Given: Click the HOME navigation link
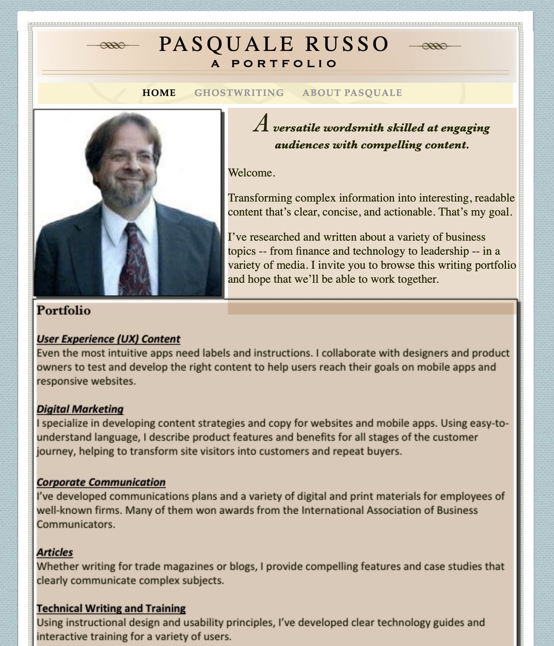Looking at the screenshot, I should point(159,93).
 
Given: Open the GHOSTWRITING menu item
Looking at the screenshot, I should point(239,93).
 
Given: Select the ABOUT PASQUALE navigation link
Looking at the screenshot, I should point(352,93).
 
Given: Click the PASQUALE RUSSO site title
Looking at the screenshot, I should point(274,44).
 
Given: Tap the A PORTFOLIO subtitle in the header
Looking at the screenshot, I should point(274,64).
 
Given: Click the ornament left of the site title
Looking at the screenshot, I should point(113,45).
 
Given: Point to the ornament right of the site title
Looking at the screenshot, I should point(435,46).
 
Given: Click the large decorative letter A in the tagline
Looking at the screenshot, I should point(261,123).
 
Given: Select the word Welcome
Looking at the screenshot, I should point(250,173).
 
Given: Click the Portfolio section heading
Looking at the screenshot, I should point(64,310).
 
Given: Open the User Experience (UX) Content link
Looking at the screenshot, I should point(108,339).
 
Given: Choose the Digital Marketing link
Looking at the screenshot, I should point(80,409).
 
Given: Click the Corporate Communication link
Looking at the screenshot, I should point(101,482).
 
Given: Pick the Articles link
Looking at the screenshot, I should point(55,552).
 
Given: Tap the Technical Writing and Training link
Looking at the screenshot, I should point(111,608).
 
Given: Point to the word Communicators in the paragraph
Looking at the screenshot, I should point(75,524).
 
